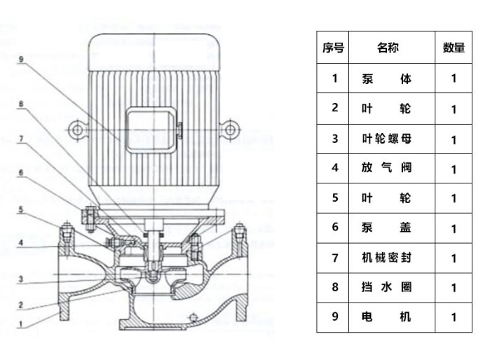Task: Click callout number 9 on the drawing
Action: coord(22,60)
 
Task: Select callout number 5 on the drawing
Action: coord(22,209)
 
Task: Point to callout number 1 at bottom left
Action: coord(22,324)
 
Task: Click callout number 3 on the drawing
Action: coord(22,279)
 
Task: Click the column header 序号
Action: coord(334,48)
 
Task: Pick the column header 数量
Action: coord(454,48)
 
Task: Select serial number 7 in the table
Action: coord(334,258)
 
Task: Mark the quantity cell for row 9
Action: coord(454,317)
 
